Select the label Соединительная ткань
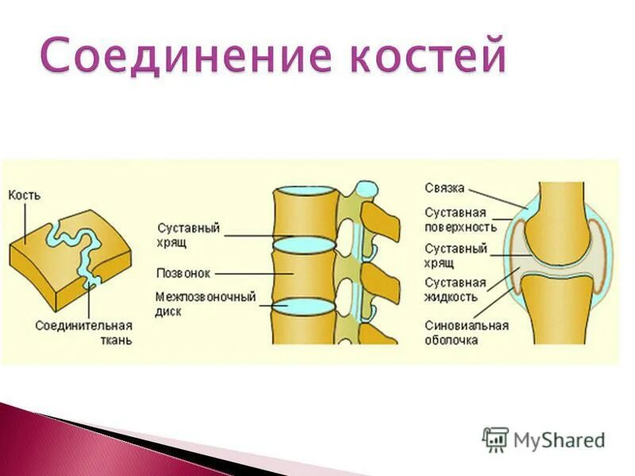84,332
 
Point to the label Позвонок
183,273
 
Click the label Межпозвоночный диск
206,305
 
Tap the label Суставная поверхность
460,220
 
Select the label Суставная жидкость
455,290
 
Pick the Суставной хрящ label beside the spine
188,234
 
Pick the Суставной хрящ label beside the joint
455,255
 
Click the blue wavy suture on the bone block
75,246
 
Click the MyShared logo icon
495,439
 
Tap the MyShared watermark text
560,440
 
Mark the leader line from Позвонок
242,274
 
